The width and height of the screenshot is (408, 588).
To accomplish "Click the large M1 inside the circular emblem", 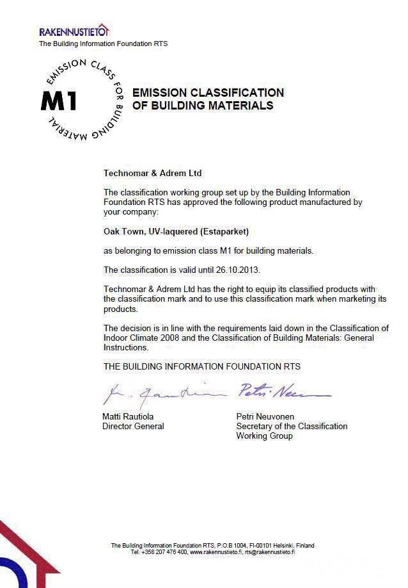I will [58, 101].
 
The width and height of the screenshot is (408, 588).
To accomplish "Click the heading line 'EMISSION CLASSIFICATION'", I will [208, 93].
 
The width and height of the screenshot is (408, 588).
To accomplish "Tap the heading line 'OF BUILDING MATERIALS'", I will [203, 106].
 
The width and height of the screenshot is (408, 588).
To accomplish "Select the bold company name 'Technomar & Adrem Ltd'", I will [152, 173].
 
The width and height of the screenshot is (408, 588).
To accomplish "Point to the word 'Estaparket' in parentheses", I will [225, 231].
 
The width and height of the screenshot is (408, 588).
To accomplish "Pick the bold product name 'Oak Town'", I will [121, 231].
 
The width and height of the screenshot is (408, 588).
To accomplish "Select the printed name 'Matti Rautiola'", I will [129, 416].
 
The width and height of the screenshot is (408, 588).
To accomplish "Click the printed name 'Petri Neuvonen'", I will [265, 416].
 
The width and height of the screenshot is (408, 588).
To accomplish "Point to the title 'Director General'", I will [133, 426].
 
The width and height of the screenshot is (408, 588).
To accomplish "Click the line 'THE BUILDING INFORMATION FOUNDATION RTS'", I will [202, 366].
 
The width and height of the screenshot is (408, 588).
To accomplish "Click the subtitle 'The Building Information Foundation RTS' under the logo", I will [103, 44].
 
